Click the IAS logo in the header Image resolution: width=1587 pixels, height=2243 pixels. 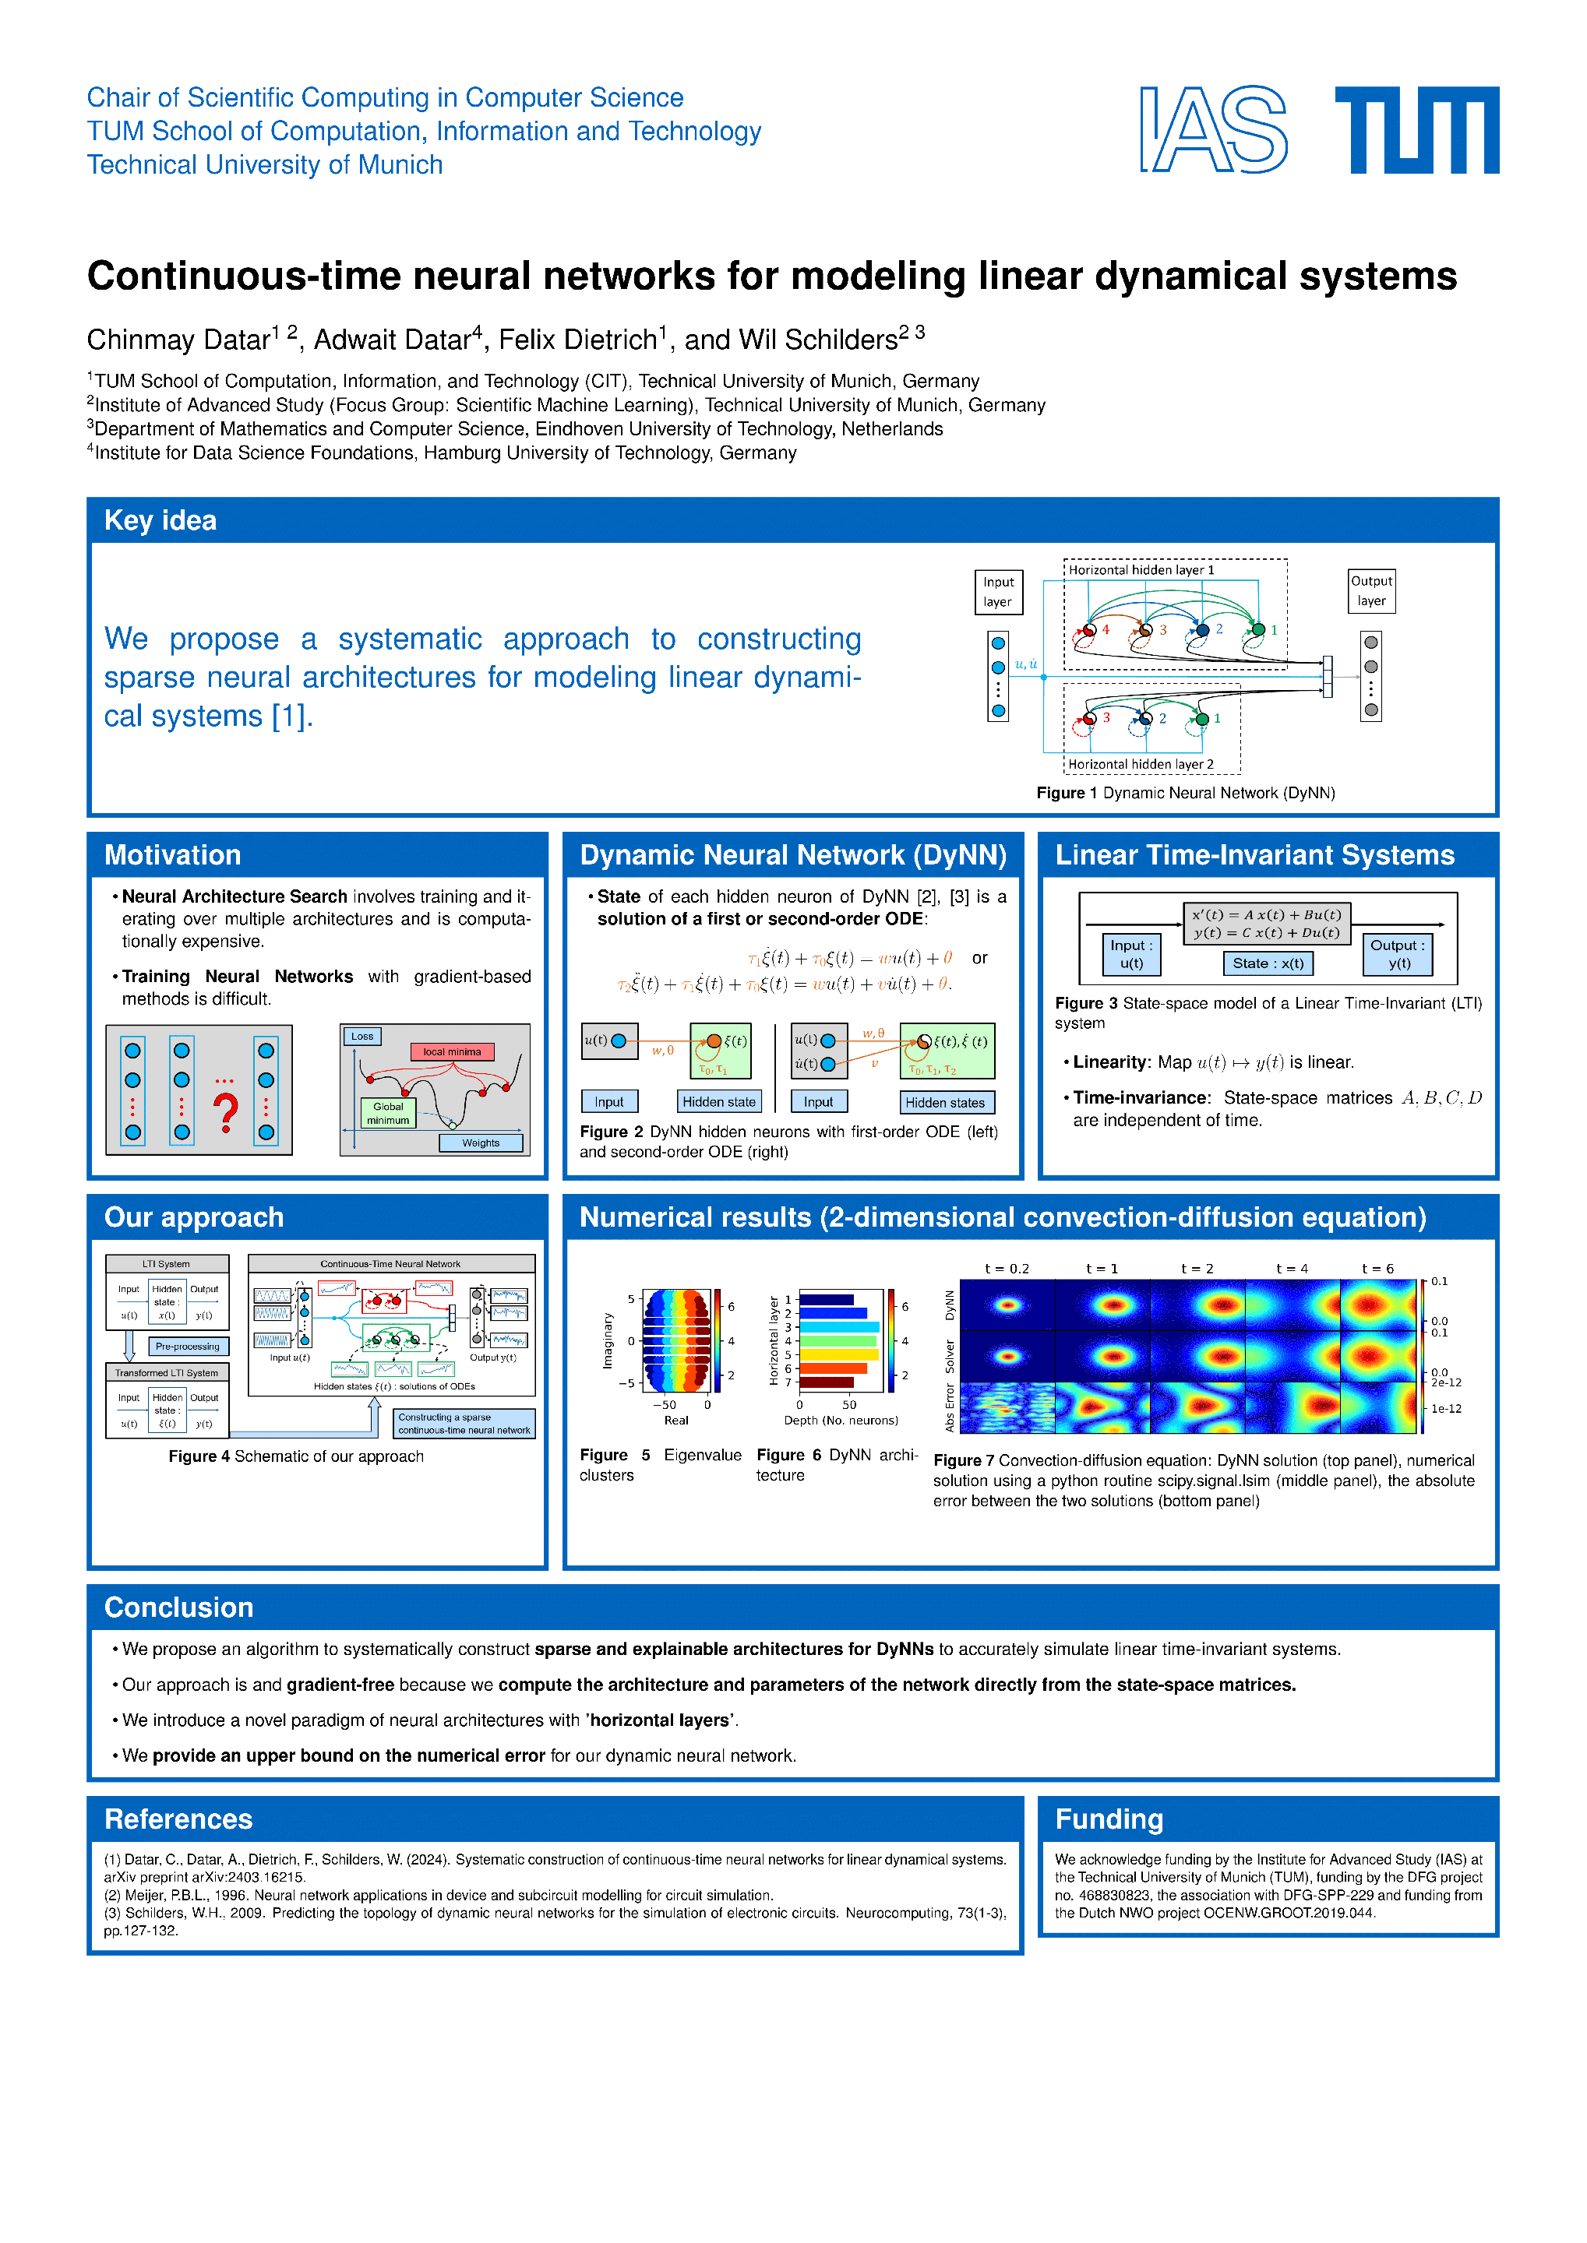click(1213, 130)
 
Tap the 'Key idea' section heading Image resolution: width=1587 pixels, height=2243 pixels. click(160, 521)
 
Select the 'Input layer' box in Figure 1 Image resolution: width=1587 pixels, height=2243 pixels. click(998, 592)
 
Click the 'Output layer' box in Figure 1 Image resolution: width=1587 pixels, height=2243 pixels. click(1371, 591)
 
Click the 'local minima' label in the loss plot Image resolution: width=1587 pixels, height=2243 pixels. click(451, 1052)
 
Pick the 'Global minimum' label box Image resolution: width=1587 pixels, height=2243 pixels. click(388, 1114)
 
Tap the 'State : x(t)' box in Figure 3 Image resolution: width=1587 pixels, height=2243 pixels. click(1268, 963)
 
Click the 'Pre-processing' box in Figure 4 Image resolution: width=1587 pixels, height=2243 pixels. click(188, 1347)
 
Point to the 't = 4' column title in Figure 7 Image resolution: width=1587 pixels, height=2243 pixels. click(1291, 1269)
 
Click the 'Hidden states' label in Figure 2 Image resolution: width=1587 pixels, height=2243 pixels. click(945, 1103)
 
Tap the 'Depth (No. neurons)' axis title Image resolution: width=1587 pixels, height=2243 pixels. click(841, 1421)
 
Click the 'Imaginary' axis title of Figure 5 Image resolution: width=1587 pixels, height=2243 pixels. click(608, 1340)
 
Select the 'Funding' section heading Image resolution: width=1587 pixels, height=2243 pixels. click(1109, 1819)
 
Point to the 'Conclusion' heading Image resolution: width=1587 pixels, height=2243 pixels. click(179, 1607)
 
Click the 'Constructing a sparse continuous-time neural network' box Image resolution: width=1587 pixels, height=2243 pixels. click(464, 1424)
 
